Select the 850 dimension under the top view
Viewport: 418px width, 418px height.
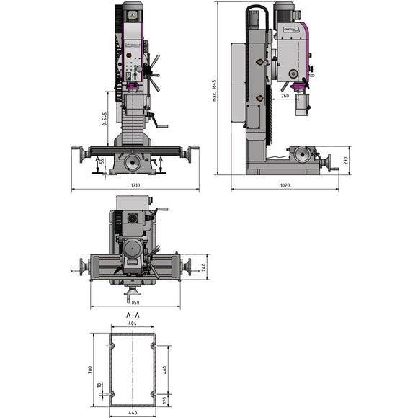135,303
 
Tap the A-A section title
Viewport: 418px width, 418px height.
133,315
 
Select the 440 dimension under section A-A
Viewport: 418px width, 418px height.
133,413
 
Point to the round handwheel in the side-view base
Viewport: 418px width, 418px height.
303,155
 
